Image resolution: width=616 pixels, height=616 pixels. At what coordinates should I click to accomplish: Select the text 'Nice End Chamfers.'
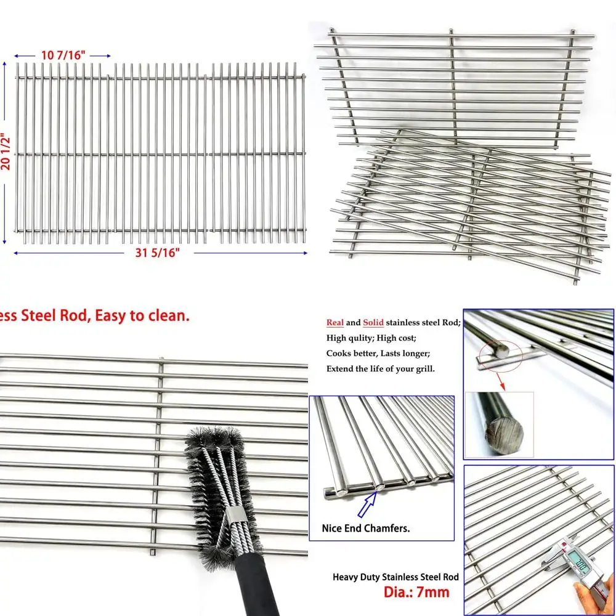(366, 528)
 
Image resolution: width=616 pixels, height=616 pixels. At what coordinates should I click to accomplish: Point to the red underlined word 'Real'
(335, 323)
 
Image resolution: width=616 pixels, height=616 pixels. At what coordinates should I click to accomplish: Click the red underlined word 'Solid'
(373, 323)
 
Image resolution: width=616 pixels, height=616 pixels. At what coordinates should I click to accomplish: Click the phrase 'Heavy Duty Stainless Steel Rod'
(395, 577)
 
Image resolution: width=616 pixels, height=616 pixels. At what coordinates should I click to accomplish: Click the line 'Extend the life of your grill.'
(381, 369)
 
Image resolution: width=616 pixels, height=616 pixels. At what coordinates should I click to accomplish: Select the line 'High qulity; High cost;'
(371, 338)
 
